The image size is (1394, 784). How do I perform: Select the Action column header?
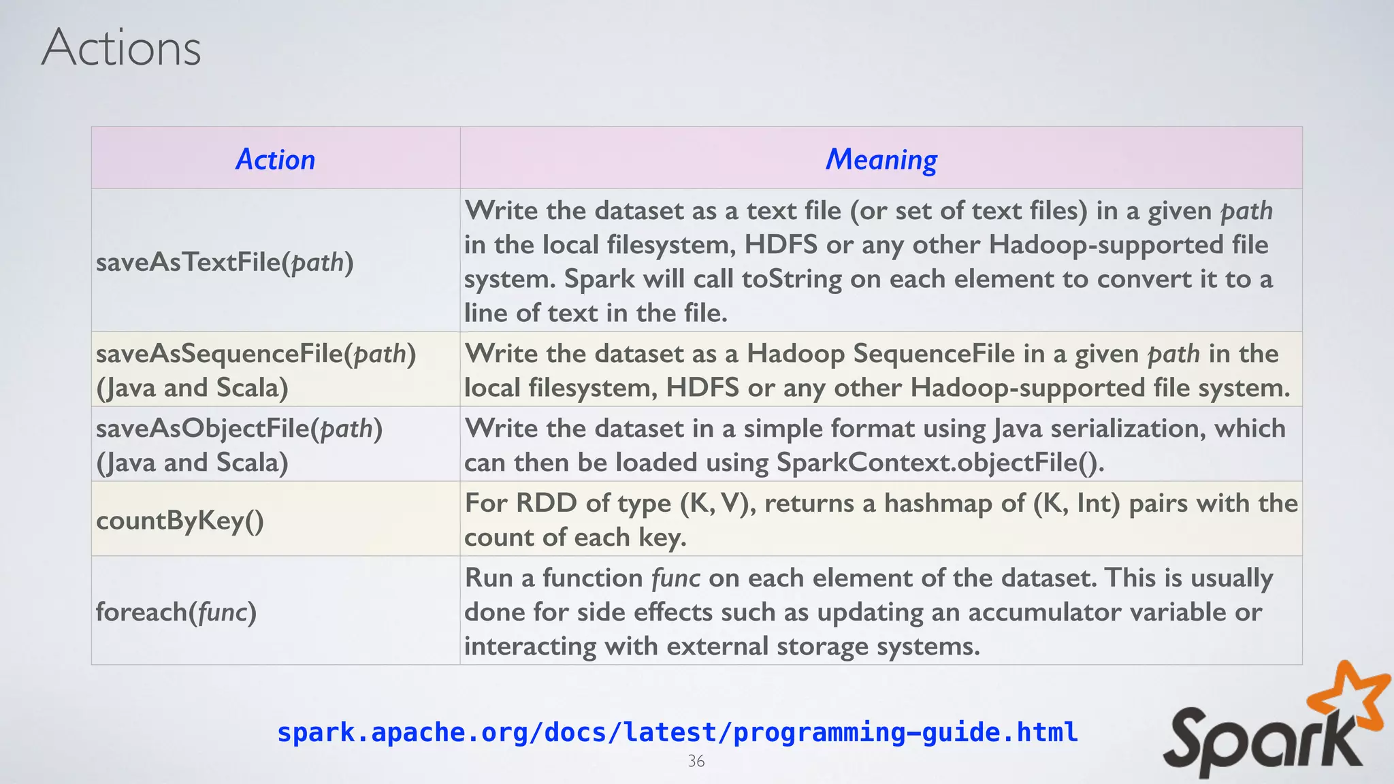pyautogui.click(x=275, y=159)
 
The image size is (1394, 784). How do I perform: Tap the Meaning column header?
pyautogui.click(x=881, y=159)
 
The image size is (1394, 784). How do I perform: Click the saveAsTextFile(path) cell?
pyautogui.click(x=225, y=262)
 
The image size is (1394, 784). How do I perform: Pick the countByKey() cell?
pyautogui.click(x=180, y=521)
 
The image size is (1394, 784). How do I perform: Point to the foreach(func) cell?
pyautogui.click(x=176, y=612)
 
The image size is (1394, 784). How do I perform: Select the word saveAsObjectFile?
pyautogui.click(x=203, y=429)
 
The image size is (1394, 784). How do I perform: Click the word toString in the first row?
pyautogui.click(x=792, y=279)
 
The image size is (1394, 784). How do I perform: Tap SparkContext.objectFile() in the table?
pyautogui.click(x=939, y=463)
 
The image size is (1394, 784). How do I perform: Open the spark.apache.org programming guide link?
pyautogui.click(x=677, y=732)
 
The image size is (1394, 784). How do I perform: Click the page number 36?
pyautogui.click(x=696, y=761)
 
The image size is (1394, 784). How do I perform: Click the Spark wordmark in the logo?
pyautogui.click(x=1259, y=745)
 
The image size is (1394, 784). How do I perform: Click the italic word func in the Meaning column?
pyautogui.click(x=675, y=578)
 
